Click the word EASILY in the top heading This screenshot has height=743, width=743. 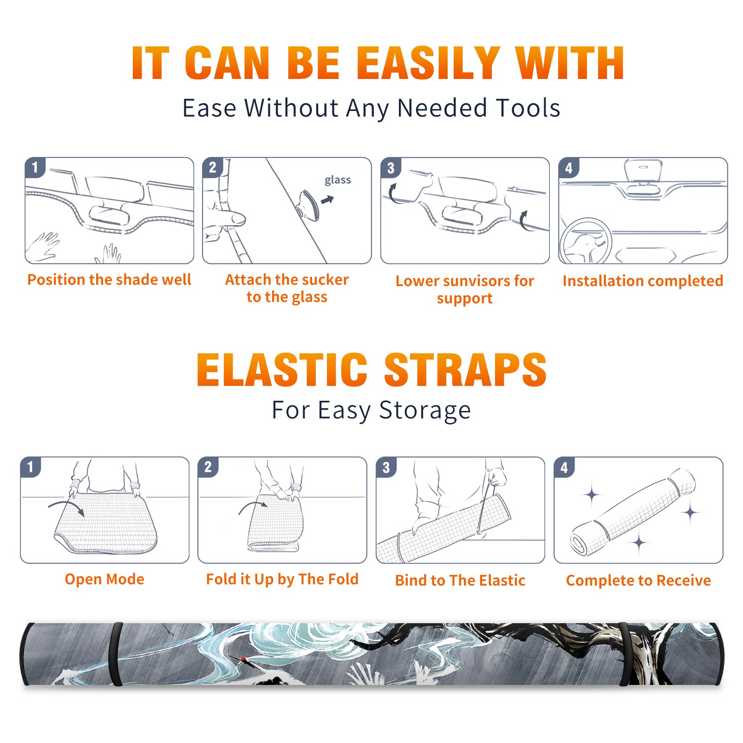coord(428,63)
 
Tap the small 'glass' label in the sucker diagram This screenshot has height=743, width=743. coord(338,180)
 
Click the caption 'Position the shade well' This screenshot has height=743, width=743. coord(109,280)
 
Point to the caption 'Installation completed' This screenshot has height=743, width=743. coord(643,280)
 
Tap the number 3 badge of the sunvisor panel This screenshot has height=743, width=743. coord(391,168)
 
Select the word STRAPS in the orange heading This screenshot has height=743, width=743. coord(465,370)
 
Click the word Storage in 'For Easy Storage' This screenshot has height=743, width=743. coord(425,411)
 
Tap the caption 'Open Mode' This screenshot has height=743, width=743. coord(104,579)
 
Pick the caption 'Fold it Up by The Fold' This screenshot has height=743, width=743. coord(282,579)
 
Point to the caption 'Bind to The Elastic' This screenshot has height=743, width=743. coord(460,580)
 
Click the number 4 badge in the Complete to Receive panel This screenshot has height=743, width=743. coord(564,467)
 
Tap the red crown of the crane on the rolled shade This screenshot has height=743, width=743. coord(243,659)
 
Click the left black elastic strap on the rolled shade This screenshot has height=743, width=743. coord(116,654)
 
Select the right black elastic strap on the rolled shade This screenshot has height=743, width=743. coord(625,654)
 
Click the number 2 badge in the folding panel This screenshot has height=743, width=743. coord(208,467)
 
